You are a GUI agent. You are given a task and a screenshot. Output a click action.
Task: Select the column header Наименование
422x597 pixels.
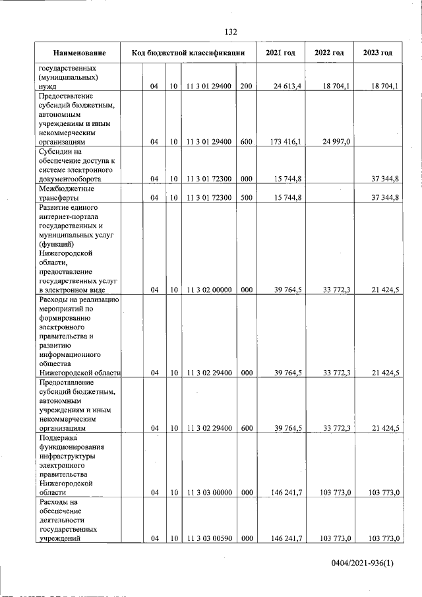(x=79, y=53)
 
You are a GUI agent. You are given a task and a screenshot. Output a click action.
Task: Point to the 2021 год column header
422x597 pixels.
(x=280, y=53)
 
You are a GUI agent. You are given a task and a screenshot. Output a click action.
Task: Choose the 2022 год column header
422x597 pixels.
(x=329, y=53)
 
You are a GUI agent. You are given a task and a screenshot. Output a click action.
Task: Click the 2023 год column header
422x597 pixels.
(x=378, y=53)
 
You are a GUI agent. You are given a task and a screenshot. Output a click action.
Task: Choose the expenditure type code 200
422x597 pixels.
(x=246, y=86)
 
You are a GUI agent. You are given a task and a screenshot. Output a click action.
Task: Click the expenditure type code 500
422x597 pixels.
(x=246, y=197)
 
